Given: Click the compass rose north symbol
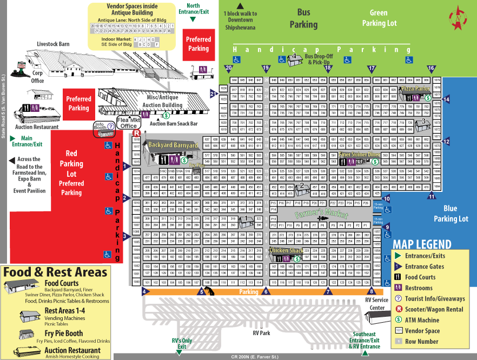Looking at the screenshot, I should [459, 17].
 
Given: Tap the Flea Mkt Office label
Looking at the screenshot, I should [128, 122].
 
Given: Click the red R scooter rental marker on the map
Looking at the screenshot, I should [137, 132].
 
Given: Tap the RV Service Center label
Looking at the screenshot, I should [376, 303].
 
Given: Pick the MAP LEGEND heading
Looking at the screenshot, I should [422, 244].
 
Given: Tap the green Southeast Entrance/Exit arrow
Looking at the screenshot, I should [365, 354].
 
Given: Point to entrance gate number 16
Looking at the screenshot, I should [431, 69].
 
